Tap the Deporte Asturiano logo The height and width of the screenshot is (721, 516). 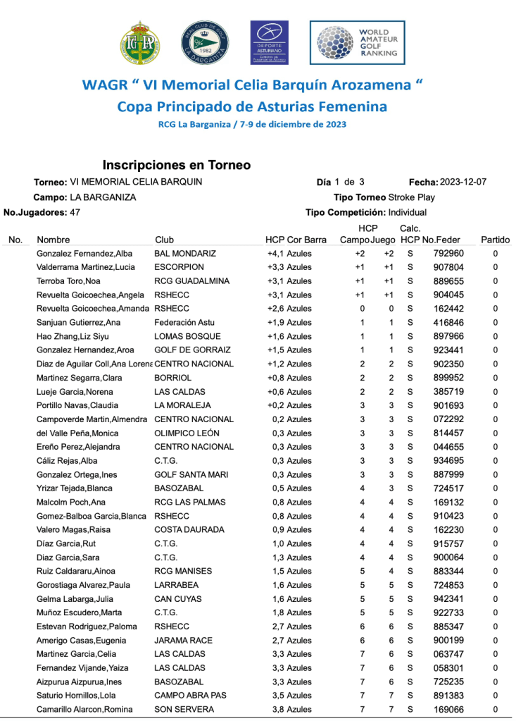click(x=270, y=42)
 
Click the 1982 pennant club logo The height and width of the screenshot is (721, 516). click(x=203, y=43)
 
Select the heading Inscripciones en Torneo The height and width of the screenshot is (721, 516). click(x=177, y=165)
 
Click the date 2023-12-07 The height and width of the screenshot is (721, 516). click(x=462, y=182)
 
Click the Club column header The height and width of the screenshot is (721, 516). click(x=164, y=240)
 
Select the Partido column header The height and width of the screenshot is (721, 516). click(x=495, y=240)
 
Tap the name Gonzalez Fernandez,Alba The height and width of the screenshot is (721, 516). click(x=84, y=253)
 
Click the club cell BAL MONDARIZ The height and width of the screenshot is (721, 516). click(x=185, y=253)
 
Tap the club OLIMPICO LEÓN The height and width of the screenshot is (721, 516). click(x=187, y=433)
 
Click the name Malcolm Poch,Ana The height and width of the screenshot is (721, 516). click(x=70, y=502)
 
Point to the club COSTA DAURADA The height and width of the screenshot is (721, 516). click(x=189, y=529)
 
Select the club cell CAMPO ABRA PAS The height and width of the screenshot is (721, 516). click(x=190, y=695)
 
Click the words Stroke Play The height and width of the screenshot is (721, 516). click(x=412, y=197)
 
